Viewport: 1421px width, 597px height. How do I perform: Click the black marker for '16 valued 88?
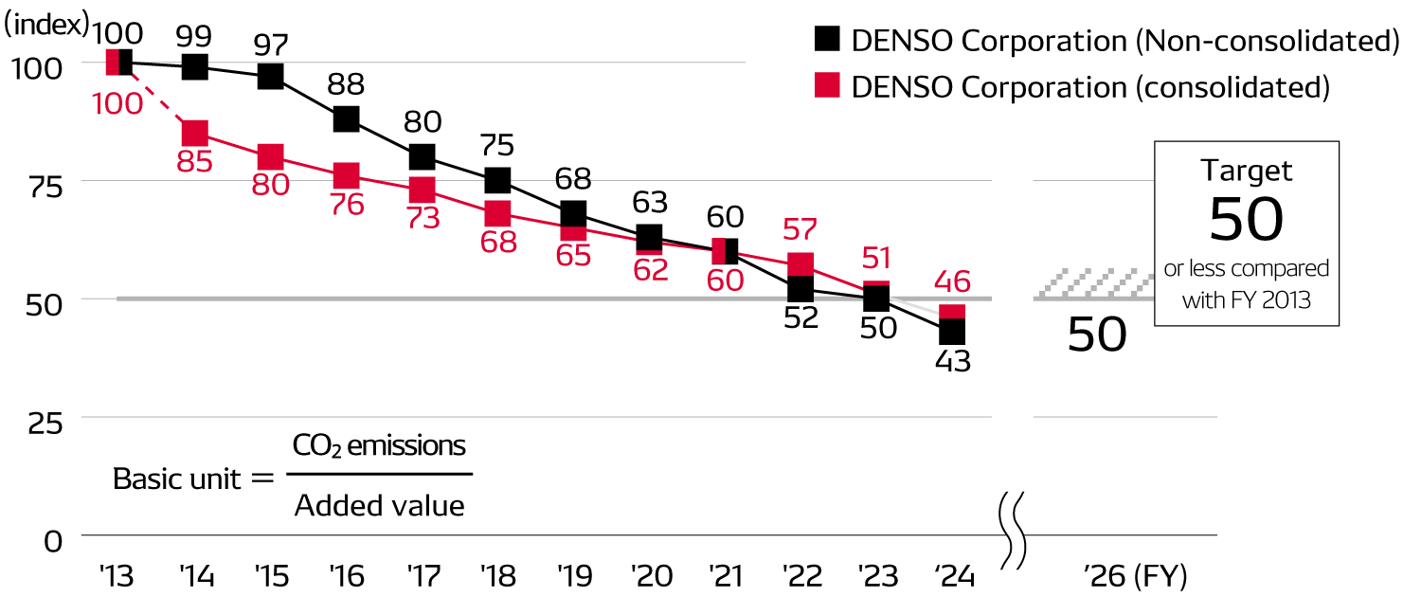(x=346, y=118)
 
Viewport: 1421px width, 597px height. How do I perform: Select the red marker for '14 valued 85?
(x=194, y=133)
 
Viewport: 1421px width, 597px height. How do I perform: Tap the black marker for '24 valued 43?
(x=952, y=332)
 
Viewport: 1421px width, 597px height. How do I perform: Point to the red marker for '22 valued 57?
(x=800, y=264)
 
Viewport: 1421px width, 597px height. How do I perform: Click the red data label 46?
(x=952, y=280)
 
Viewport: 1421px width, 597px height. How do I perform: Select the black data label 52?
(x=800, y=317)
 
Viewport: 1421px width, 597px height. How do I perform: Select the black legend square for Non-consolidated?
(x=827, y=40)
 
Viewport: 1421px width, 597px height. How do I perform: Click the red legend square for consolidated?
(x=827, y=85)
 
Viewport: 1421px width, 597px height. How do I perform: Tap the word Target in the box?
(x=1246, y=171)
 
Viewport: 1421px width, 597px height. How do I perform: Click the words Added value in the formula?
(x=379, y=506)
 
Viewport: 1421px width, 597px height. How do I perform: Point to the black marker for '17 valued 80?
(x=422, y=156)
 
